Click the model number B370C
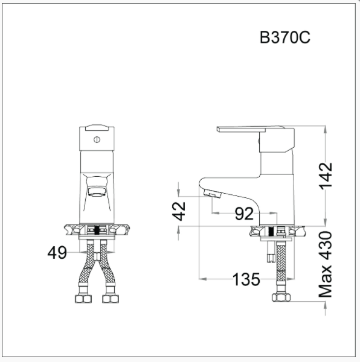[285, 38]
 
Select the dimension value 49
[57, 253]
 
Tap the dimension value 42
[179, 211]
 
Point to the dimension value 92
[243, 214]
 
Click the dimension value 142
[326, 176]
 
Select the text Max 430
[326, 264]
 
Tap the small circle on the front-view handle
[96, 139]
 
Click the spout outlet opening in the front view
[96, 192]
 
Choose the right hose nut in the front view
[109, 298]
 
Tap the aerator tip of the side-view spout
[211, 194]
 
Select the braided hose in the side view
[280, 268]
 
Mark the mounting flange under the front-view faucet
[96, 230]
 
